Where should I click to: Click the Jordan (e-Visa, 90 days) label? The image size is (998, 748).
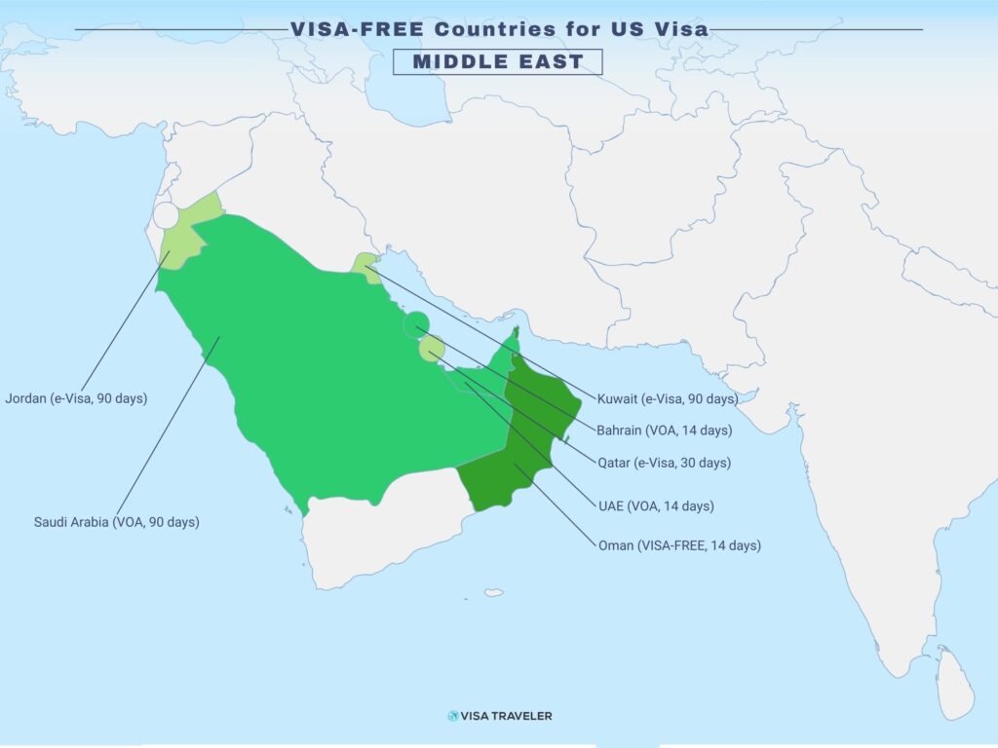click(76, 398)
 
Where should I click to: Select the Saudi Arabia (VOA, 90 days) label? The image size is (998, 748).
click(116, 522)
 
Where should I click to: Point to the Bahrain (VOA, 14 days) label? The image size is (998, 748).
click(665, 430)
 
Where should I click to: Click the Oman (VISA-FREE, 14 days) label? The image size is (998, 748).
click(679, 545)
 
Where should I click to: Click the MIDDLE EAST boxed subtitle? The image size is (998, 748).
click(498, 62)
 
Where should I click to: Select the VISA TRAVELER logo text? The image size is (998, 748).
click(508, 716)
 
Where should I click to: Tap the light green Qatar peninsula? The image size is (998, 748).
click(432, 348)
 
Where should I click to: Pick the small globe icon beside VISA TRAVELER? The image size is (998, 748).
click(453, 716)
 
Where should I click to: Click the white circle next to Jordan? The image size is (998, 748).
click(167, 215)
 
